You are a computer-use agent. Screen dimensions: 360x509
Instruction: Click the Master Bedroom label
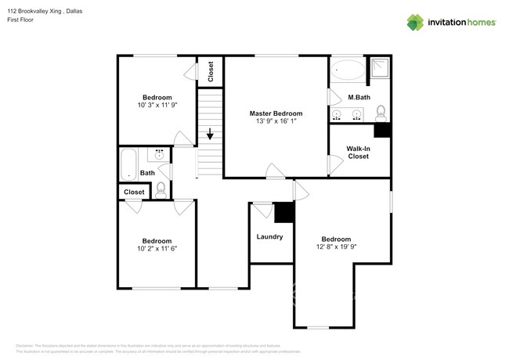tap(276, 113)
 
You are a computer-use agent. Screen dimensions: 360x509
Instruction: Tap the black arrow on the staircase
tap(209, 134)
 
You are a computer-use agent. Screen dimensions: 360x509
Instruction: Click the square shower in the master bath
tap(379, 70)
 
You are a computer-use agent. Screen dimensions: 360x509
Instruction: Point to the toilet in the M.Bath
tap(381, 112)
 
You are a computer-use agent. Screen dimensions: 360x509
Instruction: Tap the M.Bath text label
tap(359, 97)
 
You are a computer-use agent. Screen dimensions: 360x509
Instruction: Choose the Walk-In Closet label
tap(359, 152)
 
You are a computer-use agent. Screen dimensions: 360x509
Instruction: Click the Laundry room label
tap(269, 236)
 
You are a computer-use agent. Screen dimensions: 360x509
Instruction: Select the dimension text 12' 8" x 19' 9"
tap(336, 247)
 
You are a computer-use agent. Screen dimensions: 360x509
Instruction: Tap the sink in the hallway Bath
tap(161, 155)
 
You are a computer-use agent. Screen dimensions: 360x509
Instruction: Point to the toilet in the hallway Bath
tap(161, 188)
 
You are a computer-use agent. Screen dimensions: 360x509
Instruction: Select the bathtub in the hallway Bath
tap(128, 164)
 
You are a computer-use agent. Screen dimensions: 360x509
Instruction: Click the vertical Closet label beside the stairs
tap(211, 72)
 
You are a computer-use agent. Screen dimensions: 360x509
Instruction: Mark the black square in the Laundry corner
tap(283, 211)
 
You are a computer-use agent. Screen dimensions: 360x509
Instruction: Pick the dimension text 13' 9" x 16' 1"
tap(276, 121)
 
